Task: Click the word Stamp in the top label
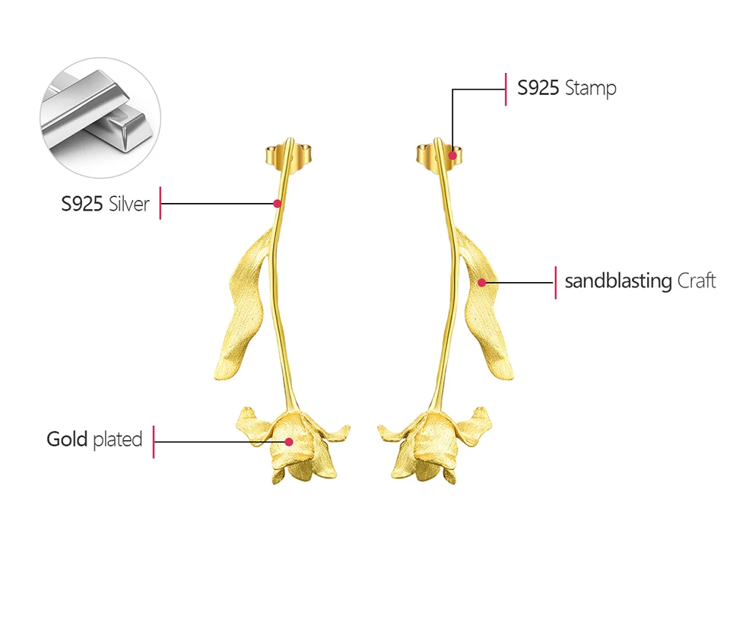[x=590, y=88]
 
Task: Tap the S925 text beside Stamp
[x=538, y=88]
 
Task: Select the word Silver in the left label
[x=129, y=203]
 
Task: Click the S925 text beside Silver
[x=82, y=203]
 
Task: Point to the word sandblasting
[x=617, y=281]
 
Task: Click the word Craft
[x=697, y=281]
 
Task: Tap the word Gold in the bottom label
[x=67, y=439]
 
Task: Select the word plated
[x=118, y=440]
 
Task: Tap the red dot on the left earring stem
[x=278, y=203]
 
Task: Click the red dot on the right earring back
[x=452, y=155]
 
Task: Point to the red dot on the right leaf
[x=481, y=282]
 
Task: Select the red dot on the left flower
[x=289, y=441]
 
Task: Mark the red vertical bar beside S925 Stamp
[x=506, y=89]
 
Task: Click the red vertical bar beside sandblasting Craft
[x=555, y=282]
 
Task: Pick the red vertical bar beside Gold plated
[x=154, y=441]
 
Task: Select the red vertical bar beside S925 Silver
[x=160, y=203]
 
